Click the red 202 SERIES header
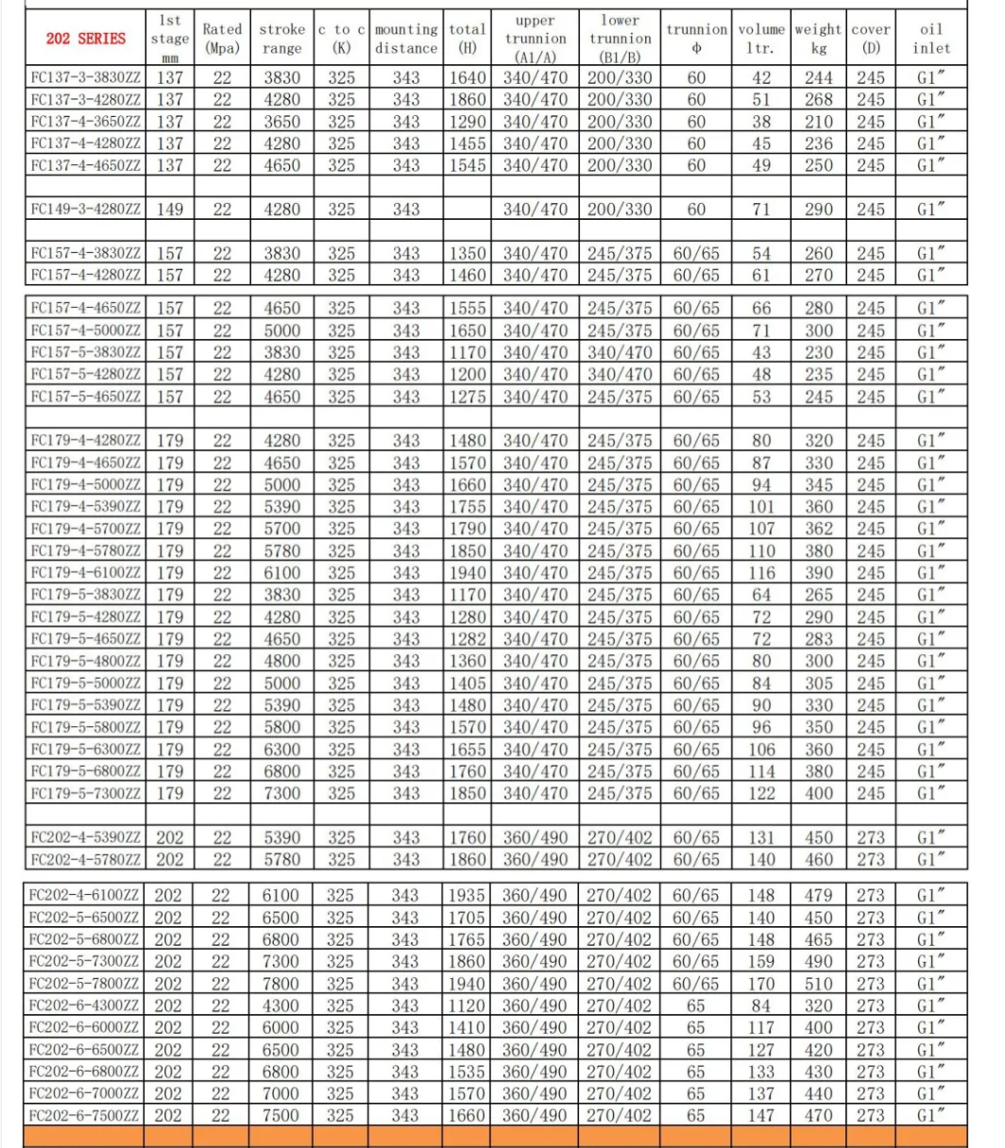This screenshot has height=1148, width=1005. coord(85,39)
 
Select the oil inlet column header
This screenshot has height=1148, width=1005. coord(931,39)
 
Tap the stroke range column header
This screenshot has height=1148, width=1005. coord(281,39)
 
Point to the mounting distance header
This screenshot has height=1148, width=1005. coord(406,39)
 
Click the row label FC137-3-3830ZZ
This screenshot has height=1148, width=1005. coord(85,77)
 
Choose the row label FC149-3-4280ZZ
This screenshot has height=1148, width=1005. coord(85,210)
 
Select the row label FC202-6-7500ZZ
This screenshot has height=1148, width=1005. coord(85,1115)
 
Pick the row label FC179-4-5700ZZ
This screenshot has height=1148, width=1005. coord(85,529)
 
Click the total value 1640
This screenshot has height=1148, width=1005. coord(468,77)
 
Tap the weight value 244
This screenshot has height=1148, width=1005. coord(818,77)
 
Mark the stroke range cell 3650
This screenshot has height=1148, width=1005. coord(281,122)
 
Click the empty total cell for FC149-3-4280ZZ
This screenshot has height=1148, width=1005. coord(468,210)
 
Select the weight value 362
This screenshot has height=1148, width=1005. coord(818,529)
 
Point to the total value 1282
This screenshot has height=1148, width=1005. coord(468,639)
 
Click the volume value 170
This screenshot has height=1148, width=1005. coord(760,984)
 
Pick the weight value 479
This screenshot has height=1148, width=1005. coord(818,895)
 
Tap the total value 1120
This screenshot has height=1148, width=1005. coord(468,1005)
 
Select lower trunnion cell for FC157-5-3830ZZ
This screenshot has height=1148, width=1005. coord(620,352)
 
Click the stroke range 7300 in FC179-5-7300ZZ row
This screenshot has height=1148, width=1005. coord(281,793)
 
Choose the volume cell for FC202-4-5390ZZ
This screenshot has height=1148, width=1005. coord(760,837)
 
